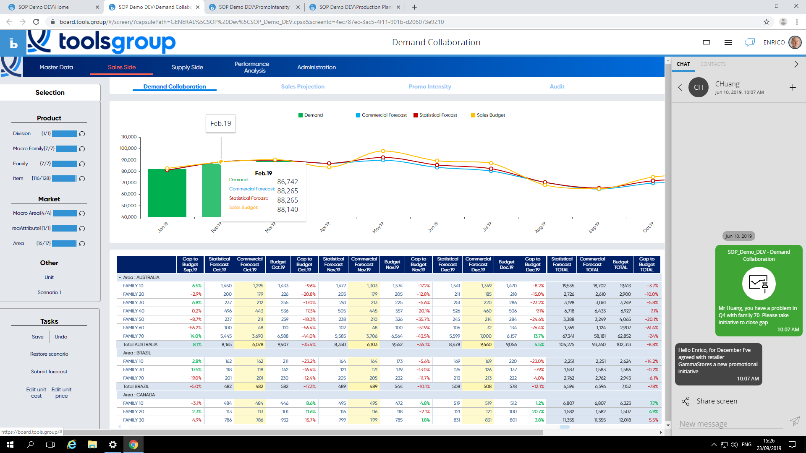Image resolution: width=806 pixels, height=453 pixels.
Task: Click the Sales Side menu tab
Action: (122, 67)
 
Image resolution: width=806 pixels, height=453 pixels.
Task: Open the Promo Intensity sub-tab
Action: (429, 86)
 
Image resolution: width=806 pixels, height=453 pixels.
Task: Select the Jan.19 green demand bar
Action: (167, 193)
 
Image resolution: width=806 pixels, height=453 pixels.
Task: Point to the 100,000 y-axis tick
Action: (128, 148)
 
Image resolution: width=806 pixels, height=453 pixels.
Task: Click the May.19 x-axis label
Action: (378, 227)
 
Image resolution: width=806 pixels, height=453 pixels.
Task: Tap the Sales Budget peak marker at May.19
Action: (383, 151)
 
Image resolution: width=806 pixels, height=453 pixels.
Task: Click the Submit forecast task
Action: (49, 372)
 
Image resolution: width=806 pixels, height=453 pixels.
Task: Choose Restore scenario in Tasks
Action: (49, 354)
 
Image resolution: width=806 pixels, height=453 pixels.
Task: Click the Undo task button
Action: (61, 337)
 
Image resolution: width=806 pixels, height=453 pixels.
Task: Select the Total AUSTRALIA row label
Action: (140, 344)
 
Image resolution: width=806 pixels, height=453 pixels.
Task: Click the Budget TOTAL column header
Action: (620, 265)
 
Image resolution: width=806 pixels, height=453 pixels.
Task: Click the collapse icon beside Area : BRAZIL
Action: (120, 353)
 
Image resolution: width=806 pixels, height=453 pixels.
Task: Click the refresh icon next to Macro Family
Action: (82, 149)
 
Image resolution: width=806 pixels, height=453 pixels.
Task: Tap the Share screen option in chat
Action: (716, 401)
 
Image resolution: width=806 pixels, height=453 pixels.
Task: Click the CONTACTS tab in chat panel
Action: (712, 64)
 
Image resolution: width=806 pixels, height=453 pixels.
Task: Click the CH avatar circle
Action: (698, 87)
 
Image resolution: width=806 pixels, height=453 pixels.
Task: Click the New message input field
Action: (730, 424)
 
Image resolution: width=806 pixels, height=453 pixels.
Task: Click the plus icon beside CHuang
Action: (793, 87)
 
